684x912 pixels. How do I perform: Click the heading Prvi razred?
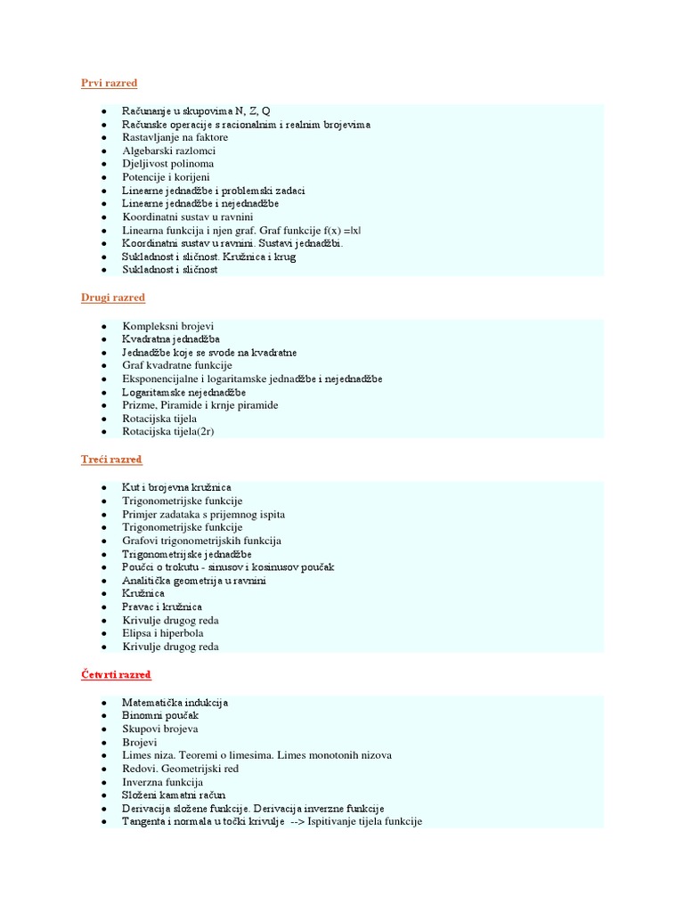click(x=109, y=83)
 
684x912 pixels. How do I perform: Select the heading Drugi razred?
click(x=113, y=297)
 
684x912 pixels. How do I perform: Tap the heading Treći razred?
click(x=111, y=460)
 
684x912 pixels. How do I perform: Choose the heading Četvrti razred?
click(x=116, y=674)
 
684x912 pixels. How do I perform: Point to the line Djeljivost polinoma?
click(x=167, y=165)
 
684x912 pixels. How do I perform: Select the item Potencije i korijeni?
click(x=166, y=178)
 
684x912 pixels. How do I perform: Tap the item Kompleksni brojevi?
click(x=167, y=326)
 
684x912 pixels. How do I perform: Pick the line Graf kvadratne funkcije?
click(x=176, y=365)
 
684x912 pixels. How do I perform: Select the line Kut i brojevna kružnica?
click(x=176, y=488)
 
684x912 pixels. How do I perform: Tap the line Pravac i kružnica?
click(x=162, y=607)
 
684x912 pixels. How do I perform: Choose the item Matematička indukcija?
click(x=175, y=703)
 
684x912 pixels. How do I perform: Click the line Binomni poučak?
click(x=160, y=715)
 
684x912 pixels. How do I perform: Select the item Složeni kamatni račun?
click(x=174, y=794)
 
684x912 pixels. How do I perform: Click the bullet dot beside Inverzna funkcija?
click(x=104, y=782)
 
